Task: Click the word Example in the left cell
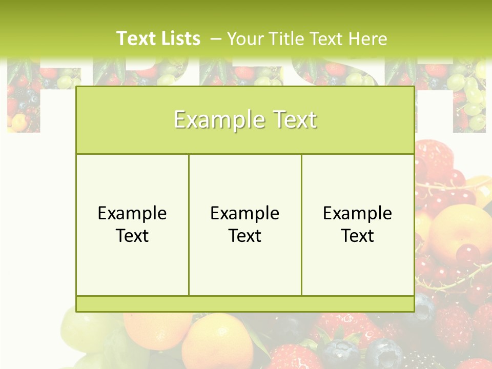click(132, 213)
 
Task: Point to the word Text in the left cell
click(132, 236)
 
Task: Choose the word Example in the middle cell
click(245, 213)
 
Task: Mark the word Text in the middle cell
click(245, 236)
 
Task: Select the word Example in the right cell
click(358, 213)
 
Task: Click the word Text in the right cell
click(358, 236)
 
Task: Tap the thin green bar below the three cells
click(245, 304)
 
